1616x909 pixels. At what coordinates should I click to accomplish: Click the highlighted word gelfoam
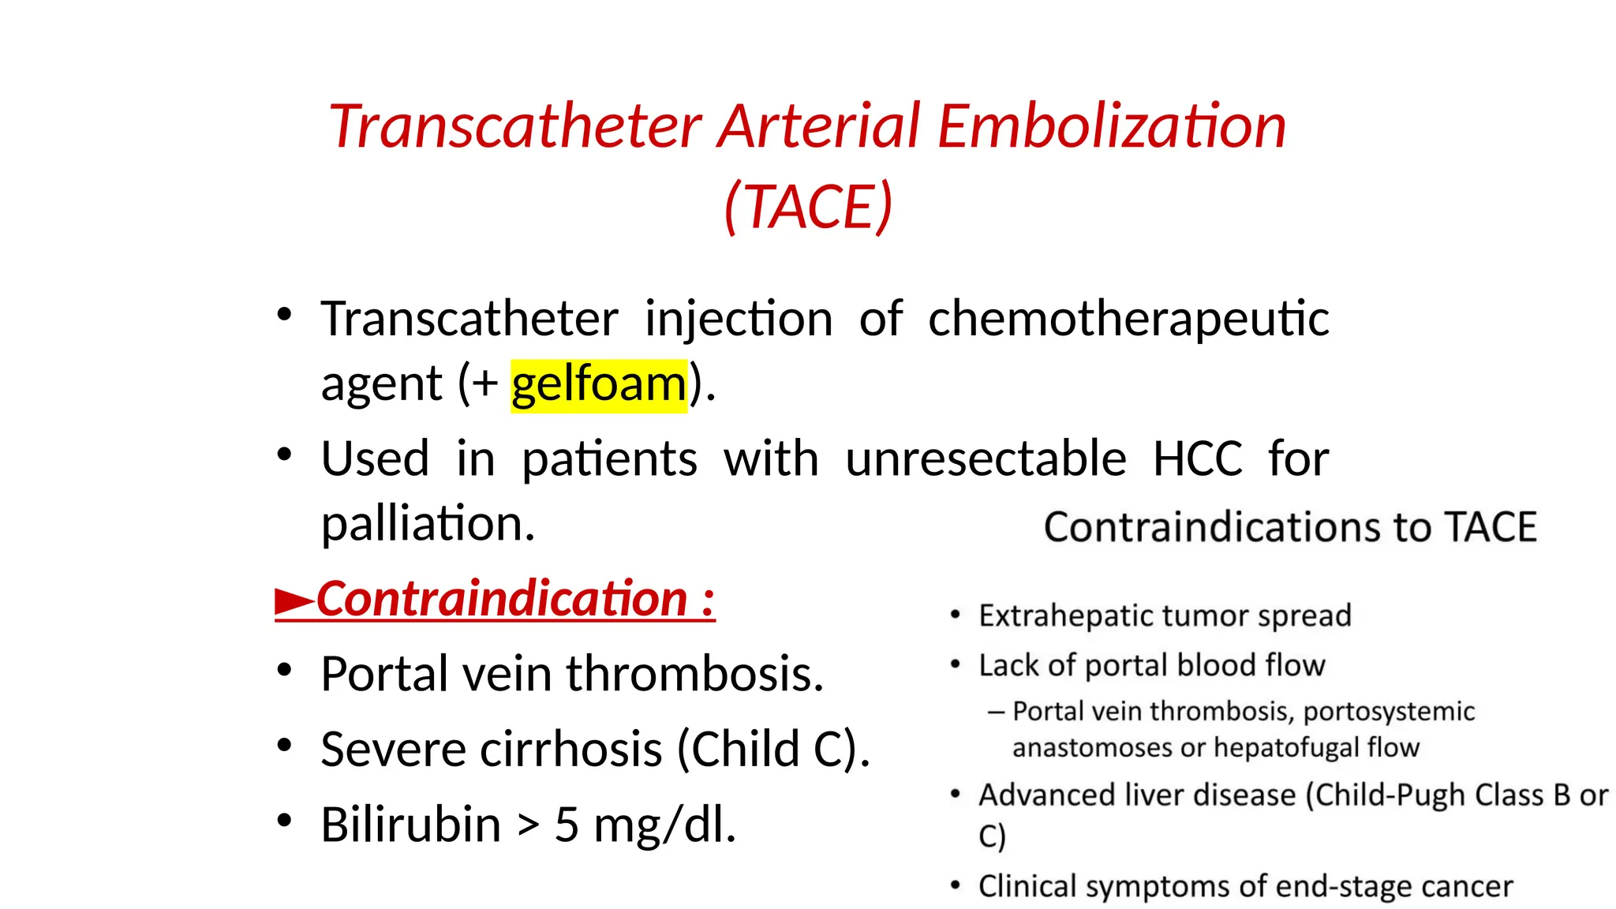(x=599, y=385)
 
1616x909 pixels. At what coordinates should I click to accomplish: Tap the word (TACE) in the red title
(x=809, y=207)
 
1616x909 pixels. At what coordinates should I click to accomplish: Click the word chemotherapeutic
(x=1128, y=320)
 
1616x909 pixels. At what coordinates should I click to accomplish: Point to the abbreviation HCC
(x=1197, y=459)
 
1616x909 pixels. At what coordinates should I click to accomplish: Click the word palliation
(x=428, y=524)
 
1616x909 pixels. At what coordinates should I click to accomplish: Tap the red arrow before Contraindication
(x=294, y=601)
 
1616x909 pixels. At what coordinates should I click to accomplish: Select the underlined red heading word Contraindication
(x=503, y=599)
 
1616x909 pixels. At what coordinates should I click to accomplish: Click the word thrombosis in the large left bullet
(x=694, y=675)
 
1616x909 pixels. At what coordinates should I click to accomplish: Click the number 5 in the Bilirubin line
(x=567, y=825)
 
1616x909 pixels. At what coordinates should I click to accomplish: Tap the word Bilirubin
(x=410, y=825)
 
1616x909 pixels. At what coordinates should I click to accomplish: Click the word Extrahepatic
(x=1058, y=616)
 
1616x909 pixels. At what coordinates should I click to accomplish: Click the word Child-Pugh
(x=1391, y=795)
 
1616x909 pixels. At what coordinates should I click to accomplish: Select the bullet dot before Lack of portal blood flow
(x=956, y=665)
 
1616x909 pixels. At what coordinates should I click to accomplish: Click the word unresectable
(x=986, y=459)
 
